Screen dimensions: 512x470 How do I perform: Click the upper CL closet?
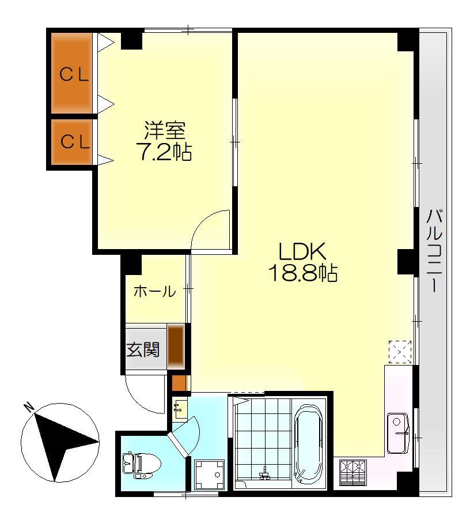click(x=73, y=74)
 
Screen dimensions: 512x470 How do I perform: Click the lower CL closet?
click(x=73, y=142)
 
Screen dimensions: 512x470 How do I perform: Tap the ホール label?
click(x=154, y=292)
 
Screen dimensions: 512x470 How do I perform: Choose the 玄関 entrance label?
click(x=143, y=349)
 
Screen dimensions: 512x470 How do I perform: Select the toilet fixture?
click(x=136, y=464)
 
